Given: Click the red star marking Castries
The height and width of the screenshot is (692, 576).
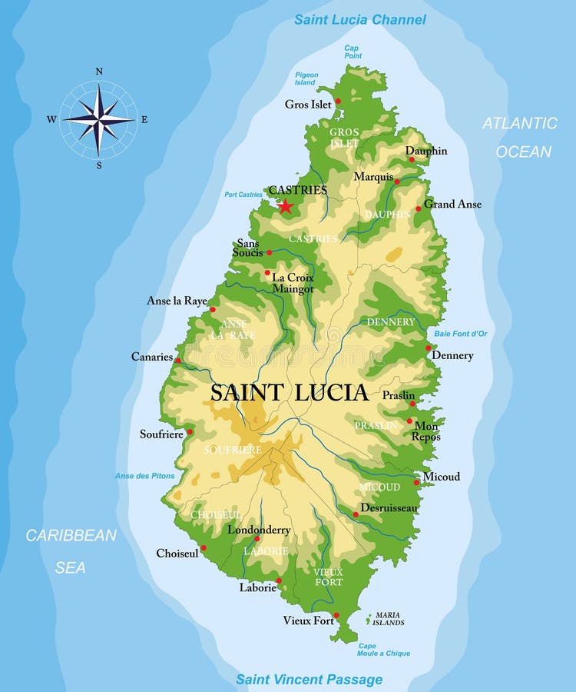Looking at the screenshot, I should (x=285, y=206).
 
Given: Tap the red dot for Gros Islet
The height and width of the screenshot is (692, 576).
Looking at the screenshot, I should (x=338, y=101).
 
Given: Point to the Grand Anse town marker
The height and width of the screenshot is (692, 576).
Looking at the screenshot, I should (x=419, y=208).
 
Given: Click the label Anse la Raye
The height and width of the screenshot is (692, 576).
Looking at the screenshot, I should (x=177, y=301).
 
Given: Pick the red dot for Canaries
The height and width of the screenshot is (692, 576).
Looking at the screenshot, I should (x=177, y=360).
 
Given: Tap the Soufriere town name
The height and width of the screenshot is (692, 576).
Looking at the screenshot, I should (x=161, y=434).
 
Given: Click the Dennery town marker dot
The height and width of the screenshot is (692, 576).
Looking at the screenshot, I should (x=429, y=348).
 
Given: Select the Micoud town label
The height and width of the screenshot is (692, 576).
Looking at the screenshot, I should (x=442, y=477).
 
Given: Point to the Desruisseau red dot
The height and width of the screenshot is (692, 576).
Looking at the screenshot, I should (x=356, y=514).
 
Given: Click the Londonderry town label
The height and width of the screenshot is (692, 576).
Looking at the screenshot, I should (x=259, y=530).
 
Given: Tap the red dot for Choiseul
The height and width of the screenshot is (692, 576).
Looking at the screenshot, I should (x=203, y=548).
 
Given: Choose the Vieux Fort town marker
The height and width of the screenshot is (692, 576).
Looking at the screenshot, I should (x=336, y=615).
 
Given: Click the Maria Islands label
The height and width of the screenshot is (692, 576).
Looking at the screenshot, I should (x=389, y=619).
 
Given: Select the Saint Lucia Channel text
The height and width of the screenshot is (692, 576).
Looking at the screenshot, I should (x=360, y=19).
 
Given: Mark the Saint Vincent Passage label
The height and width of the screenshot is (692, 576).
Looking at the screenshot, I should (x=309, y=679).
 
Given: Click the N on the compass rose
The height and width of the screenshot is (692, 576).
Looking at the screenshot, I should (x=98, y=72).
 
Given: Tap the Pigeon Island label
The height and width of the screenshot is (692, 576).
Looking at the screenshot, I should (x=306, y=78).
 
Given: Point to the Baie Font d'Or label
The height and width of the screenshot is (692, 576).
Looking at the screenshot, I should (x=460, y=333).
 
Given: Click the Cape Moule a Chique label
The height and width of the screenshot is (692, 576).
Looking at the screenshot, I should (x=384, y=650).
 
